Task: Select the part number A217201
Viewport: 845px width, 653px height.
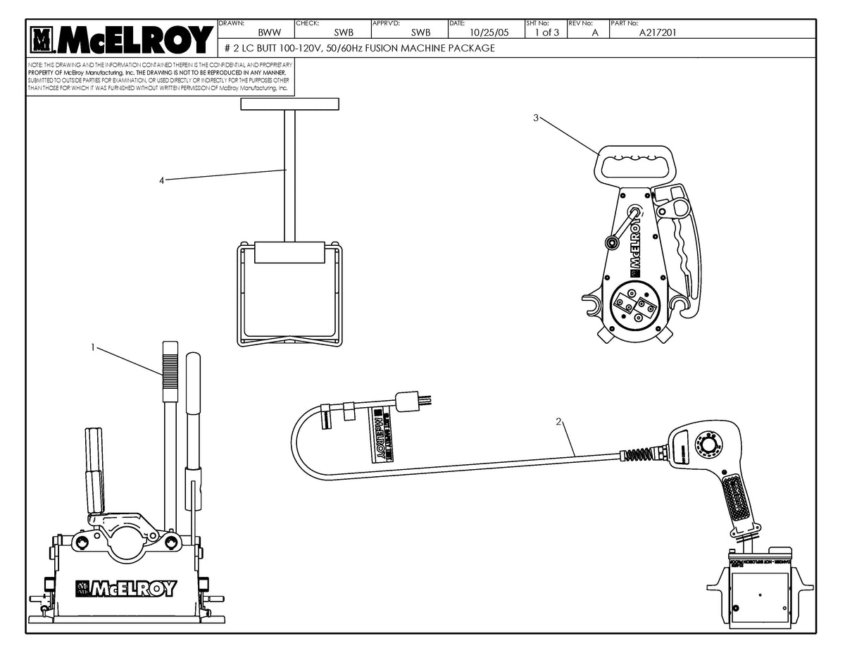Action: click(658, 32)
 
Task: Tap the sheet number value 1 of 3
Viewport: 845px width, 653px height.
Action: click(546, 32)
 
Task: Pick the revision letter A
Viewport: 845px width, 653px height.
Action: click(595, 32)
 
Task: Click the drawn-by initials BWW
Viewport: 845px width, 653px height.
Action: click(270, 32)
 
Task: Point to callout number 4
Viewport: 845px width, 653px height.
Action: click(161, 181)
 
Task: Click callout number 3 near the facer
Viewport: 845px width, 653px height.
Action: click(536, 118)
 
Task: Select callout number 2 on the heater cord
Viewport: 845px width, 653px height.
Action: click(558, 422)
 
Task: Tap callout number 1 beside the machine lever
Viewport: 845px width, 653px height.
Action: click(92, 347)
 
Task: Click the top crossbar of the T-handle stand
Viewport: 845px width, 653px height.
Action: click(289, 104)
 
